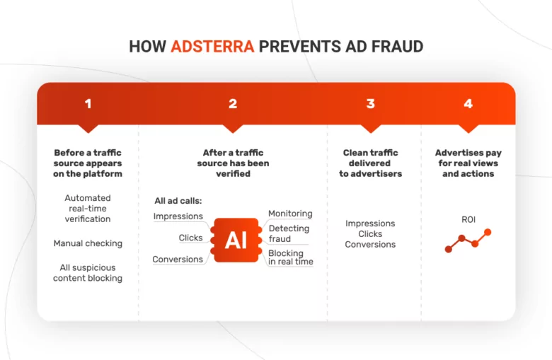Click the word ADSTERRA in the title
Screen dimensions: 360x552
click(x=212, y=47)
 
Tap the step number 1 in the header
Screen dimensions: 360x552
click(x=88, y=104)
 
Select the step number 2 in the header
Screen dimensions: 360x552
click(x=233, y=104)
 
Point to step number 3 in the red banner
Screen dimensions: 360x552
click(x=370, y=104)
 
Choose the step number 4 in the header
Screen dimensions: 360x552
click(x=468, y=104)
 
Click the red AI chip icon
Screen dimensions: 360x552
click(x=236, y=240)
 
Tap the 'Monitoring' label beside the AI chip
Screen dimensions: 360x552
click(x=290, y=214)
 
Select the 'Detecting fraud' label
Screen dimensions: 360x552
click(x=288, y=233)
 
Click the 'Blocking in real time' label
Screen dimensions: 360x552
click(x=290, y=257)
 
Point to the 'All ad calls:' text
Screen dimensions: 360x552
click(x=178, y=201)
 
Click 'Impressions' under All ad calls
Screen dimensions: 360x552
click(x=178, y=216)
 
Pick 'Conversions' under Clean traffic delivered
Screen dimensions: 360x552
click(x=370, y=245)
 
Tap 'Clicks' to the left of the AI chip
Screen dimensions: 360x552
click(x=190, y=238)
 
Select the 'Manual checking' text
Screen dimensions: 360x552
click(x=88, y=243)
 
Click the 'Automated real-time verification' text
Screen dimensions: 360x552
click(x=88, y=209)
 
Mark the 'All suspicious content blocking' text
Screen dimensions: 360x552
click(x=88, y=273)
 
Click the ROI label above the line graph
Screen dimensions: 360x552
click(x=468, y=220)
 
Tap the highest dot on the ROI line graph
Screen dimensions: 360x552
click(x=488, y=232)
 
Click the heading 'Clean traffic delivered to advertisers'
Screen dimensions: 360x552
click(x=370, y=163)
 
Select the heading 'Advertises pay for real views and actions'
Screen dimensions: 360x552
click(x=468, y=163)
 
